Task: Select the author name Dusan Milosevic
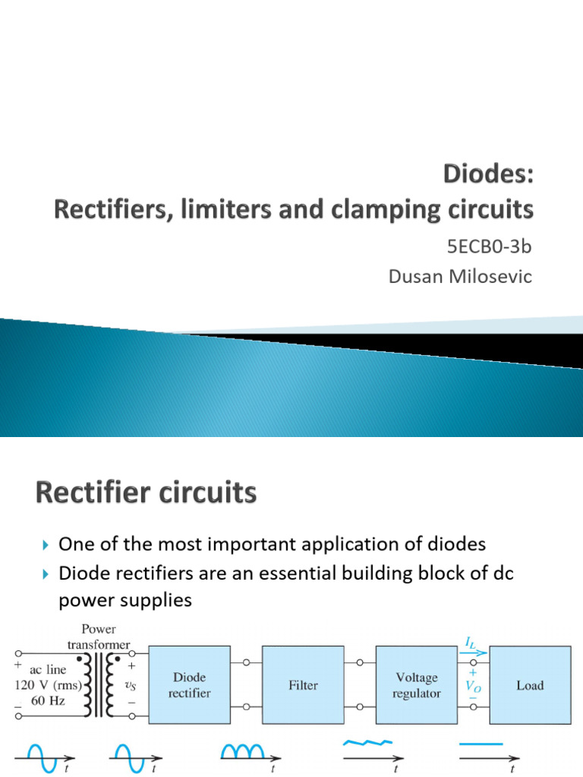click(460, 277)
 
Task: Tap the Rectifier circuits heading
click(146, 494)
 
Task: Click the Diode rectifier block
click(190, 684)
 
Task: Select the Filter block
click(303, 684)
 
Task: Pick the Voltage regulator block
click(416, 684)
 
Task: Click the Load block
click(530, 684)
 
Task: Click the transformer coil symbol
click(102, 685)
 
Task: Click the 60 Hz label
click(47, 701)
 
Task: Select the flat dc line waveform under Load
click(481, 744)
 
